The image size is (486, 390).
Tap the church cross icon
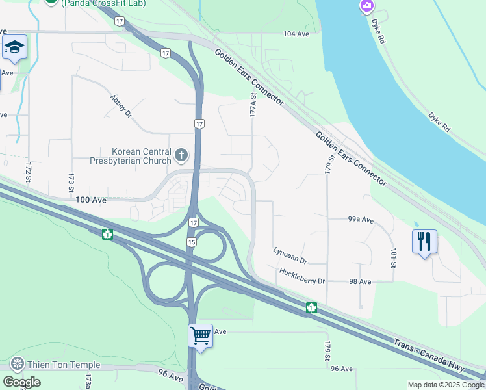point(181,155)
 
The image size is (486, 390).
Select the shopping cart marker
point(200,337)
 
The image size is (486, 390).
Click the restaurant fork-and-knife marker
point(424,242)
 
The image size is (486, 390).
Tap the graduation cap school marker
point(14,47)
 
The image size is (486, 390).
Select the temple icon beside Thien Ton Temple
point(17,362)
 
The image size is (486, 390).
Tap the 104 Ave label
point(296,33)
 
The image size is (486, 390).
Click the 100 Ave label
point(90,201)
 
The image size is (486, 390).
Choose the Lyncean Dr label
point(290,254)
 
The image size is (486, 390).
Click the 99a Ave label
point(361,220)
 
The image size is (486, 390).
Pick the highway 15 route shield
point(191,242)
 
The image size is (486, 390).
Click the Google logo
point(21,382)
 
